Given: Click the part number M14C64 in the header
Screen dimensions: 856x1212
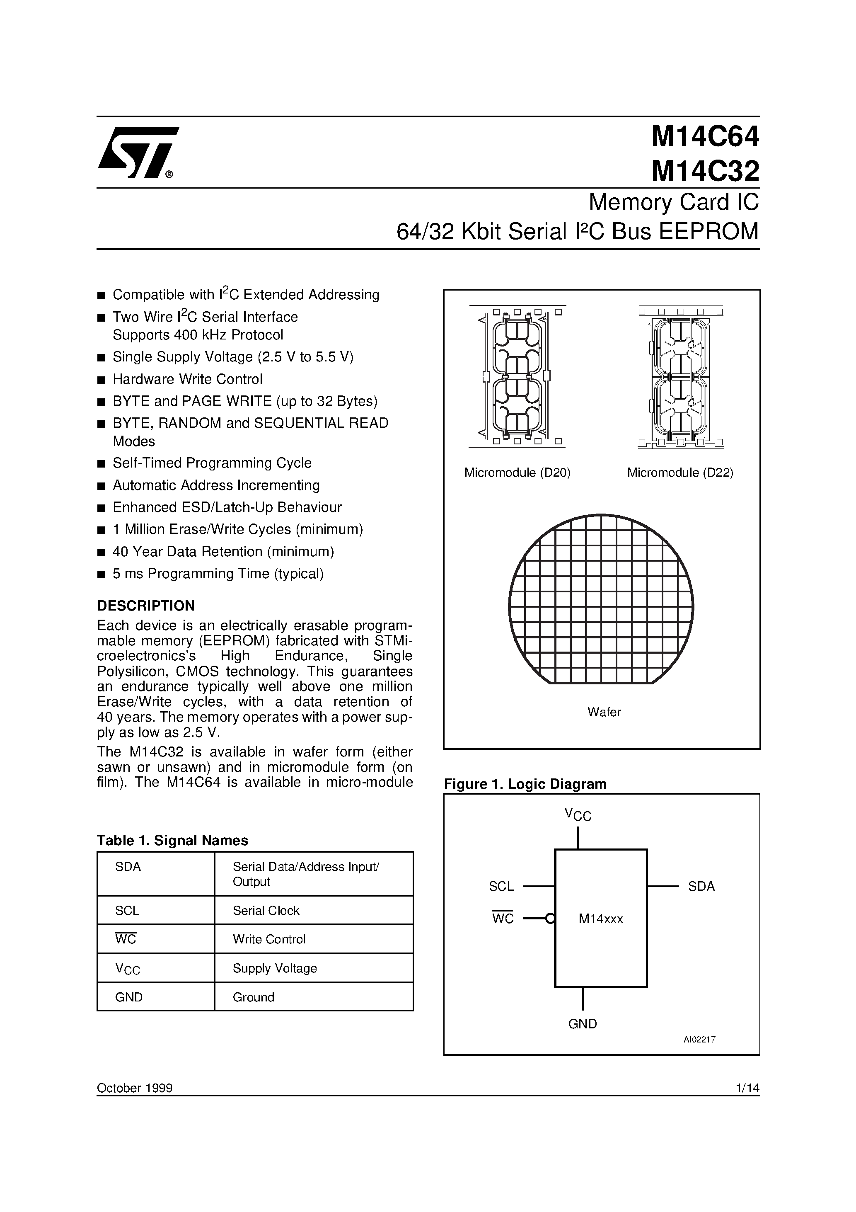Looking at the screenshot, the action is pyautogui.click(x=705, y=137).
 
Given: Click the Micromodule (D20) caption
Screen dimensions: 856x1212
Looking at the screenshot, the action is pyautogui.click(x=517, y=473).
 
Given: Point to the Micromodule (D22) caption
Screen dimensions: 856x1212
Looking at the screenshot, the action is pyautogui.click(x=680, y=473).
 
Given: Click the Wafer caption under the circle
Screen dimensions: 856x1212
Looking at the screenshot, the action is pyautogui.click(x=604, y=712).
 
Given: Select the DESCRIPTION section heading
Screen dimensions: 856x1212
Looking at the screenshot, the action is pyautogui.click(x=146, y=606).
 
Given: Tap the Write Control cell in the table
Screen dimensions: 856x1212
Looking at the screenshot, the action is pyautogui.click(x=269, y=939).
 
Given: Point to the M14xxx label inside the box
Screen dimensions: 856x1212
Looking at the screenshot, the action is pyautogui.click(x=601, y=919).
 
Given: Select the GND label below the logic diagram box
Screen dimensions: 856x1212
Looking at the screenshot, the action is pyautogui.click(x=583, y=1024).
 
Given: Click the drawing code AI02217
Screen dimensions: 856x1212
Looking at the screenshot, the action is pyautogui.click(x=699, y=1040).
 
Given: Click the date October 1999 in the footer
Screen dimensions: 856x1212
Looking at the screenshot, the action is pyautogui.click(x=135, y=1088).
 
